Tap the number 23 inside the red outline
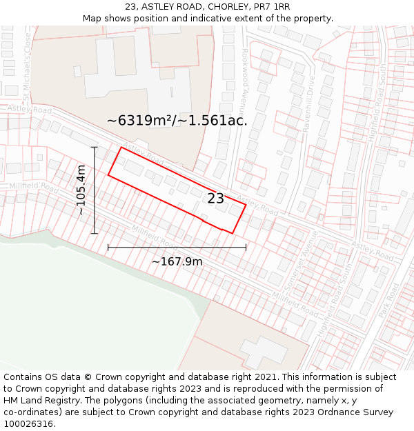(x=215, y=199)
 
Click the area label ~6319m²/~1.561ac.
(x=177, y=120)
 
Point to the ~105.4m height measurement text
(x=81, y=190)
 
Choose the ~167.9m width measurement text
(x=177, y=261)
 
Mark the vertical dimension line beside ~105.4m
(x=94, y=190)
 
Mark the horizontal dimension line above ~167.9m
(x=177, y=247)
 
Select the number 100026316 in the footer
(x=28, y=423)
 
